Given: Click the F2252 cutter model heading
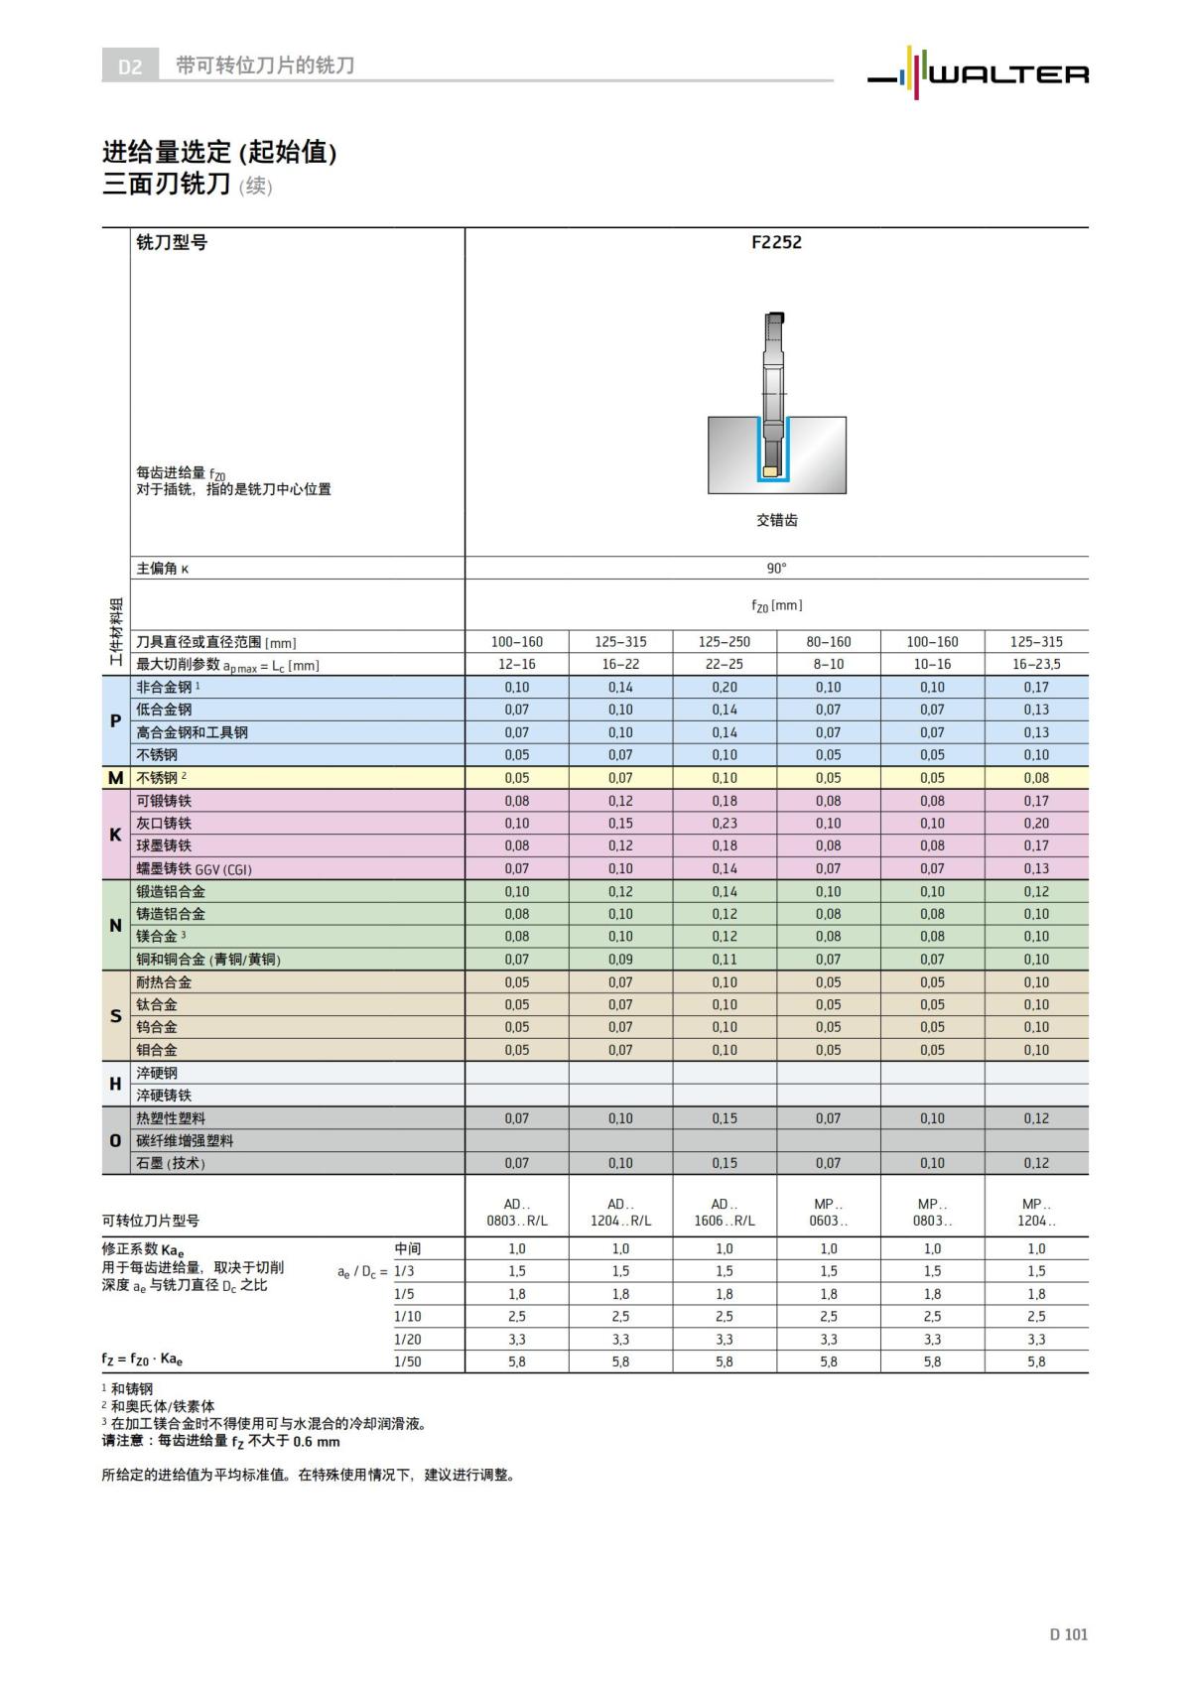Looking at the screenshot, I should pos(776,242).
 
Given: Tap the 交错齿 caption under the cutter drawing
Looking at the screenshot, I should pos(776,520).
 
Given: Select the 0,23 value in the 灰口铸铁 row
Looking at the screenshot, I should pos(725,824).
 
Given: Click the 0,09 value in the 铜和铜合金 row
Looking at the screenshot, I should pos(620,960).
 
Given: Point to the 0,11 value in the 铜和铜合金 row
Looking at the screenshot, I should pos(725,960).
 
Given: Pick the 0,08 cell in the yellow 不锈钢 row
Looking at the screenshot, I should pos(1036,778).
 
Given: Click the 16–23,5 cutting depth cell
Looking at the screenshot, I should pos(1036,664).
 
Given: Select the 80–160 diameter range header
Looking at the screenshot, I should pos(829,642).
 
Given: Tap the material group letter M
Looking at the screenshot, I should pos(115,779).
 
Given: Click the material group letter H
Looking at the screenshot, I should pos(115,1085).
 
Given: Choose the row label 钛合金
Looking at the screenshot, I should pos(157,1005).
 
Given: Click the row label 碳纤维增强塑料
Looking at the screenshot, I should pos(185,1141).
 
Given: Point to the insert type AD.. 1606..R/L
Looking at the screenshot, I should pos(725,1213).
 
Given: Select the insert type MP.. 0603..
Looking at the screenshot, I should pos(829,1213).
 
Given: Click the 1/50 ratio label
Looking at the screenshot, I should pos(408,1361).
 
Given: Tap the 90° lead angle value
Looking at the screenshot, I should pos(776,569).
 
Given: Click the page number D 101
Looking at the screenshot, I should pos(1068,1634).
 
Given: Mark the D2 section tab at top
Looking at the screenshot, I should pos(130,66).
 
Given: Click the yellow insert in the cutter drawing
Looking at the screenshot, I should pos(769,471).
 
